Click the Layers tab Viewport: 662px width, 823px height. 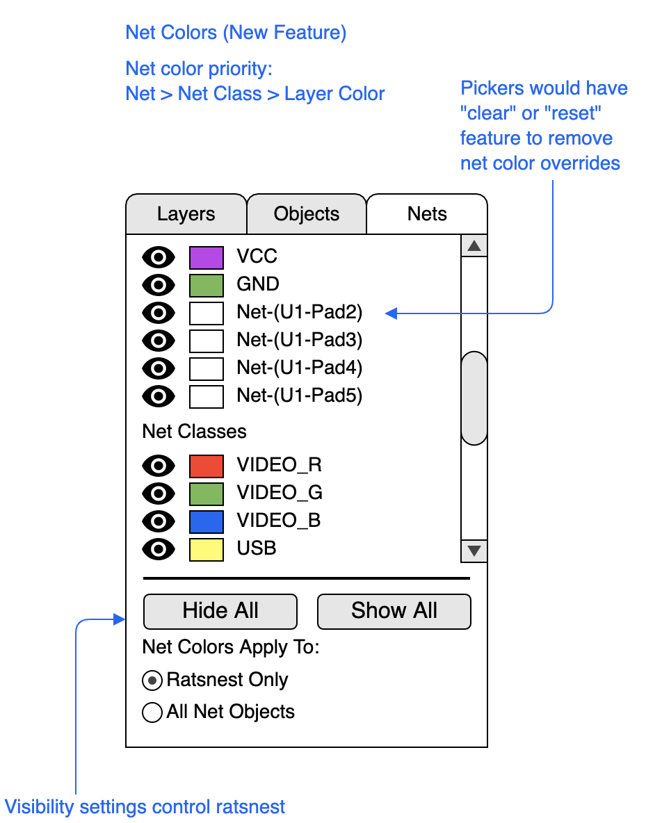point(186,214)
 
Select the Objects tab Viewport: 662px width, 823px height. point(307,214)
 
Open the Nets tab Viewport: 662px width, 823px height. point(427,214)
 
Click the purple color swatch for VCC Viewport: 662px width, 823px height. point(207,257)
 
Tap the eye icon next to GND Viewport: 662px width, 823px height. point(159,285)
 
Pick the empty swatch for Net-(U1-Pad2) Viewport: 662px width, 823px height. point(207,313)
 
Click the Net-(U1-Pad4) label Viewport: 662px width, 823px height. point(300,368)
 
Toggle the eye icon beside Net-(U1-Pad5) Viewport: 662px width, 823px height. point(159,396)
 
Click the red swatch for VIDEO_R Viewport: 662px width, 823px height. point(207,466)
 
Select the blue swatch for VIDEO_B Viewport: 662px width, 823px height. point(207,521)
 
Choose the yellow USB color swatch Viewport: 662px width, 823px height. point(207,549)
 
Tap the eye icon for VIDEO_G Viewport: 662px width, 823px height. point(159,494)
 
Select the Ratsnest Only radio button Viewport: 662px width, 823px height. point(152,681)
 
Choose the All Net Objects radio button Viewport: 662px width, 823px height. point(152,712)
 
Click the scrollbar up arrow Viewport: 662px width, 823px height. point(474,245)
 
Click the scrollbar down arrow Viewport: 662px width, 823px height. point(474,551)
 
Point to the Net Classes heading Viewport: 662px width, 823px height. point(194,432)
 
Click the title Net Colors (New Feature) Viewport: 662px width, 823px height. point(236,33)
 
